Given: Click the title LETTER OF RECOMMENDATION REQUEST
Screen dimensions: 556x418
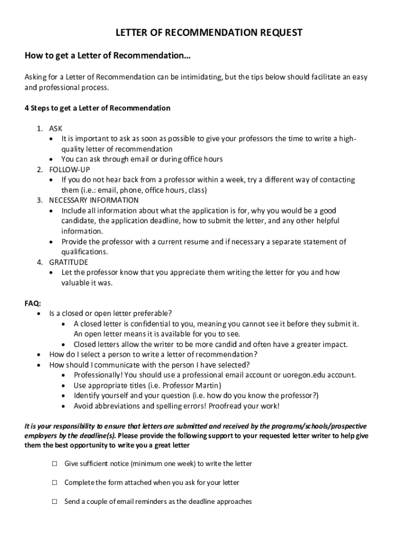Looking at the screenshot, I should pos(209,33).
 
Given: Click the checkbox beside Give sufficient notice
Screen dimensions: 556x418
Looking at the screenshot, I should pos(55,464).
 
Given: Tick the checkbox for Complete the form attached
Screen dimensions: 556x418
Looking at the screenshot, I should pos(55,482).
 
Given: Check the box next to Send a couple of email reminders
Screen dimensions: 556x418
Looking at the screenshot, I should pos(55,502).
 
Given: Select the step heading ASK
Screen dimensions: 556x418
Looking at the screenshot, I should pos(56,129).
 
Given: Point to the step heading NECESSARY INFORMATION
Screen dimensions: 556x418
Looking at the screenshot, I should pos(87,200).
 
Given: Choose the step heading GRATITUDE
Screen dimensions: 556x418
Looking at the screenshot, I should pos(68,262).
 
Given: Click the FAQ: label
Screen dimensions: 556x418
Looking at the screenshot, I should pos(33,303).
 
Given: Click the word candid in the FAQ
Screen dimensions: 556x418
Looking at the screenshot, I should pos(226,344).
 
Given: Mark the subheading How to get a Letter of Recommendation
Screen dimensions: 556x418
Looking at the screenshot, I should pos(107,56).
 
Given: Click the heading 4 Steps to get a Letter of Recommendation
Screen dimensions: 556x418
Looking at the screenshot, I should pos(97,108).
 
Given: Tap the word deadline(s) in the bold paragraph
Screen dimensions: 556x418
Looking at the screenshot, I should pos(95,436).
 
